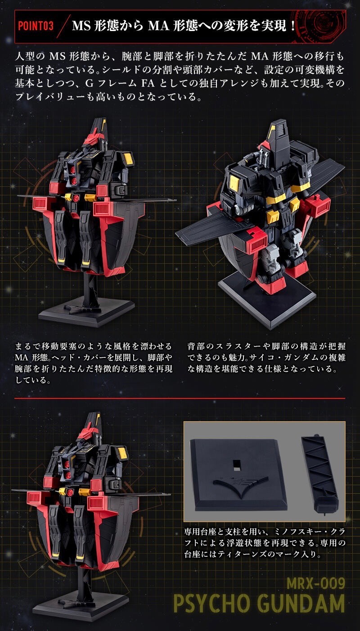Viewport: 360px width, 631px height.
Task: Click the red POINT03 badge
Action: (x=36, y=25)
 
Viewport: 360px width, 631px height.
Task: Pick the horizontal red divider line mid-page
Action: (x=180, y=398)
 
